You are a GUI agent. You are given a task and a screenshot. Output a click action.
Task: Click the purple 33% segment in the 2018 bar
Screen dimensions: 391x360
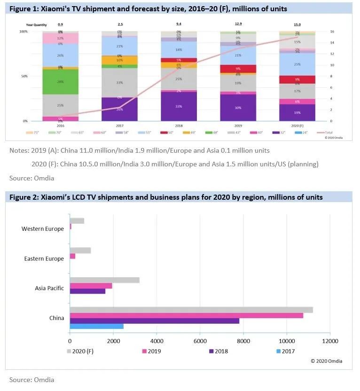(x=179, y=106)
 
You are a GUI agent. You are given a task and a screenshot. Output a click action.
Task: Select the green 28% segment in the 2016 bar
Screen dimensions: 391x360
(x=61, y=82)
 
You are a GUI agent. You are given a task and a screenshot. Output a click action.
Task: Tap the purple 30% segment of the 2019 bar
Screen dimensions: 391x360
(x=238, y=108)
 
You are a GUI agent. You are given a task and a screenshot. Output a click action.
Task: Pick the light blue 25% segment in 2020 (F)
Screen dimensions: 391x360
(x=297, y=64)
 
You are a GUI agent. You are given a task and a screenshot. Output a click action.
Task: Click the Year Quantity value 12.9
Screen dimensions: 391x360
(x=238, y=24)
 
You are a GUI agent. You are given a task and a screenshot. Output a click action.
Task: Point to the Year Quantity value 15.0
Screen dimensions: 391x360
(x=297, y=24)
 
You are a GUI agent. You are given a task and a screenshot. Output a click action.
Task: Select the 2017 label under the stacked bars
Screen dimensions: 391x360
(x=120, y=125)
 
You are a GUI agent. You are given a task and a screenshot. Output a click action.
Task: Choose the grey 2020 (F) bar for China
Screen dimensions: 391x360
(x=191, y=310)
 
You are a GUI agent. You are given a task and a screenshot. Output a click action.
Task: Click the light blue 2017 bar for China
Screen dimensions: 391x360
(x=96, y=326)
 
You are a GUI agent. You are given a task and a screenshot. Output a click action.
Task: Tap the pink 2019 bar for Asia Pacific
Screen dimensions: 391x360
(x=91, y=286)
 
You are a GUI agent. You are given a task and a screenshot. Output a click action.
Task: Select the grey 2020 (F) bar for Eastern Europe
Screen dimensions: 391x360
(x=80, y=250)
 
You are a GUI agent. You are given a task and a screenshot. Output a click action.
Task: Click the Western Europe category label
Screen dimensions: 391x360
(x=42, y=229)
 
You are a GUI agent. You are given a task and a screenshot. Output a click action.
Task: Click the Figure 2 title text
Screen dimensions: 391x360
(x=166, y=197)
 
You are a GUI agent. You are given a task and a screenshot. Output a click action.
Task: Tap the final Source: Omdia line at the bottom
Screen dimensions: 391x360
(x=31, y=379)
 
